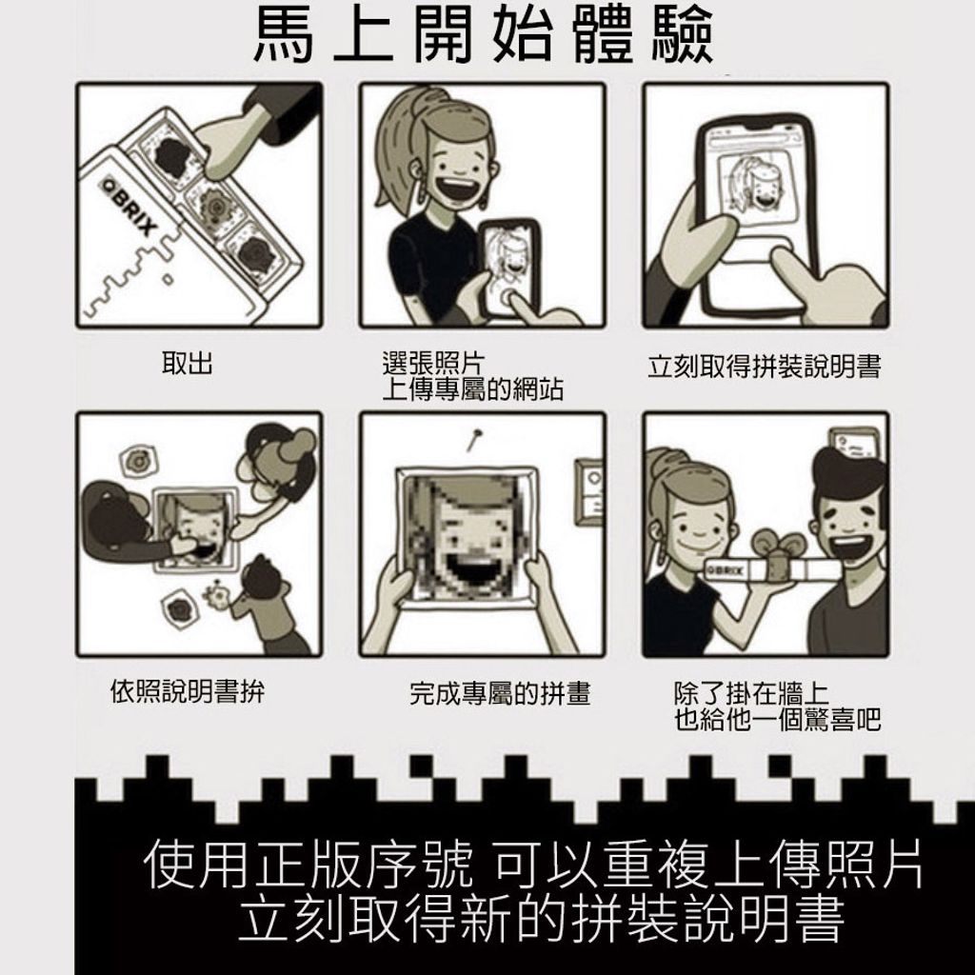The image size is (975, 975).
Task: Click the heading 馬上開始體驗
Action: coord(483,36)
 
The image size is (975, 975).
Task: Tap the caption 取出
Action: coord(188,363)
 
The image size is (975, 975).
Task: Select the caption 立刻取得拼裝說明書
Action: coord(765,367)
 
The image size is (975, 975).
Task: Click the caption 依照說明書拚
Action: coord(188,691)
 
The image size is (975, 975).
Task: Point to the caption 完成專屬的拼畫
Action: coord(500,693)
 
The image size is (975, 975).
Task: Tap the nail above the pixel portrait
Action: coord(475,438)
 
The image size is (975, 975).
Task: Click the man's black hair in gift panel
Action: coord(848,470)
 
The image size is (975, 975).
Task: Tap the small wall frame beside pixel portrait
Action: coord(589,491)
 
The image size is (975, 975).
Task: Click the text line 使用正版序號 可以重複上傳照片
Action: coord(533,865)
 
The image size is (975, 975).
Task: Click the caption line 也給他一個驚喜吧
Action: coord(778,720)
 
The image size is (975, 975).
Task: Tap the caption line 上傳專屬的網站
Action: coord(472,390)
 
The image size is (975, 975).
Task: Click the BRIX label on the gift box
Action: coord(726,569)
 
